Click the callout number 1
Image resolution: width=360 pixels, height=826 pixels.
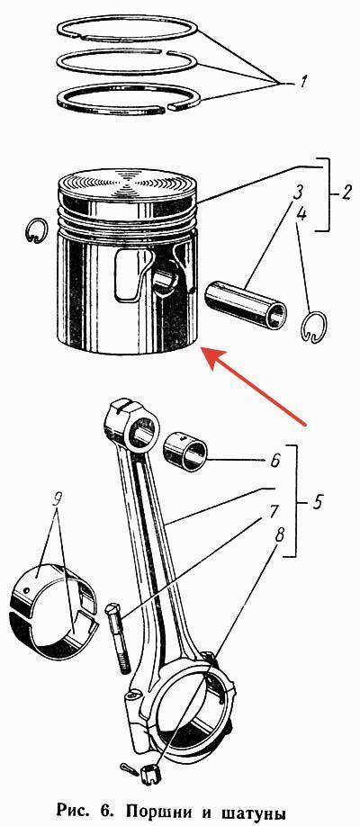click(x=306, y=82)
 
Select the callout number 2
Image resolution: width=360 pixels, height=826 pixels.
click(x=346, y=193)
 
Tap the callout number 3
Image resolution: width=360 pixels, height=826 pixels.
click(x=298, y=191)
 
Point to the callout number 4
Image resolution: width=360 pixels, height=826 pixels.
click(x=301, y=214)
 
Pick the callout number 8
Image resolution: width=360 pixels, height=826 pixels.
click(x=279, y=534)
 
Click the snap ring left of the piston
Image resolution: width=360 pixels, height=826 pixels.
click(x=36, y=230)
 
